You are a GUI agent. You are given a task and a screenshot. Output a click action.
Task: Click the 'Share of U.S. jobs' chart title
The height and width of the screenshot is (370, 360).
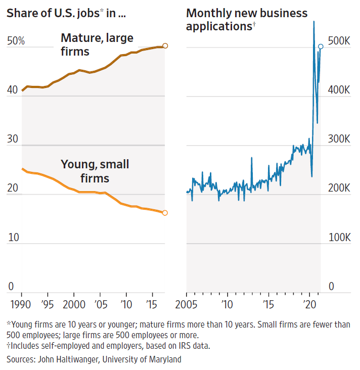pyautogui.click(x=66, y=13)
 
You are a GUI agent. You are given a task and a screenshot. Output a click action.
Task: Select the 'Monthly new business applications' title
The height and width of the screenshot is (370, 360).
pyautogui.click(x=247, y=19)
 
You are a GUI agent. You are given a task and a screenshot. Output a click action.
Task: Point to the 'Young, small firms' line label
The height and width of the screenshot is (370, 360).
pyautogui.click(x=95, y=171)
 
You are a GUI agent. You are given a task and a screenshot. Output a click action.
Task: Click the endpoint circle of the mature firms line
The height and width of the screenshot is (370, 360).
pyautogui.click(x=165, y=46)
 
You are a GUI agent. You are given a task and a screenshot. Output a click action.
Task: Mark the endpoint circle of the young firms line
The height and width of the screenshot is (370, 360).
pyautogui.click(x=165, y=213)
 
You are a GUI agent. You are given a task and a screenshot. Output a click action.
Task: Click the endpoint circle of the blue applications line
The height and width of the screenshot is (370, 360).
pyautogui.click(x=321, y=47)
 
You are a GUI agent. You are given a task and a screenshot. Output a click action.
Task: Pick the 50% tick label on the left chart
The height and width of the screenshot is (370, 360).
pyautogui.click(x=16, y=41)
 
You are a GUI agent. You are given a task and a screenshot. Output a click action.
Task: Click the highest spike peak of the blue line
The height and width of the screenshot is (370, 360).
pyautogui.click(x=314, y=21)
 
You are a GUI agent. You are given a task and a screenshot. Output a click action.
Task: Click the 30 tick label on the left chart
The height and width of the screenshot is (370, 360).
pyautogui.click(x=13, y=139)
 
